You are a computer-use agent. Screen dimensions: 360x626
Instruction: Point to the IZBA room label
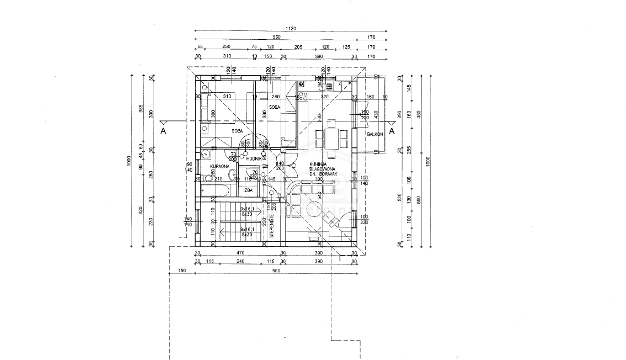pyautogui.click(x=248, y=190)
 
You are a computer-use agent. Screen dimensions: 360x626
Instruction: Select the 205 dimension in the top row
pyautogui.click(x=298, y=47)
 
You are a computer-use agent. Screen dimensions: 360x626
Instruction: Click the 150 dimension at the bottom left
pyautogui.click(x=181, y=271)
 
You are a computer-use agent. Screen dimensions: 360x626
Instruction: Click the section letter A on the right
pyautogui.click(x=391, y=131)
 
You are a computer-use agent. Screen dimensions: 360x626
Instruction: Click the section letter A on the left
pyautogui.click(x=162, y=131)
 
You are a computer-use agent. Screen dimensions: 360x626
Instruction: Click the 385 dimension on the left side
pyautogui.click(x=140, y=112)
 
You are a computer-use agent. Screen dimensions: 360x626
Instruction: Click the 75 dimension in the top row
pyautogui.click(x=254, y=47)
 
